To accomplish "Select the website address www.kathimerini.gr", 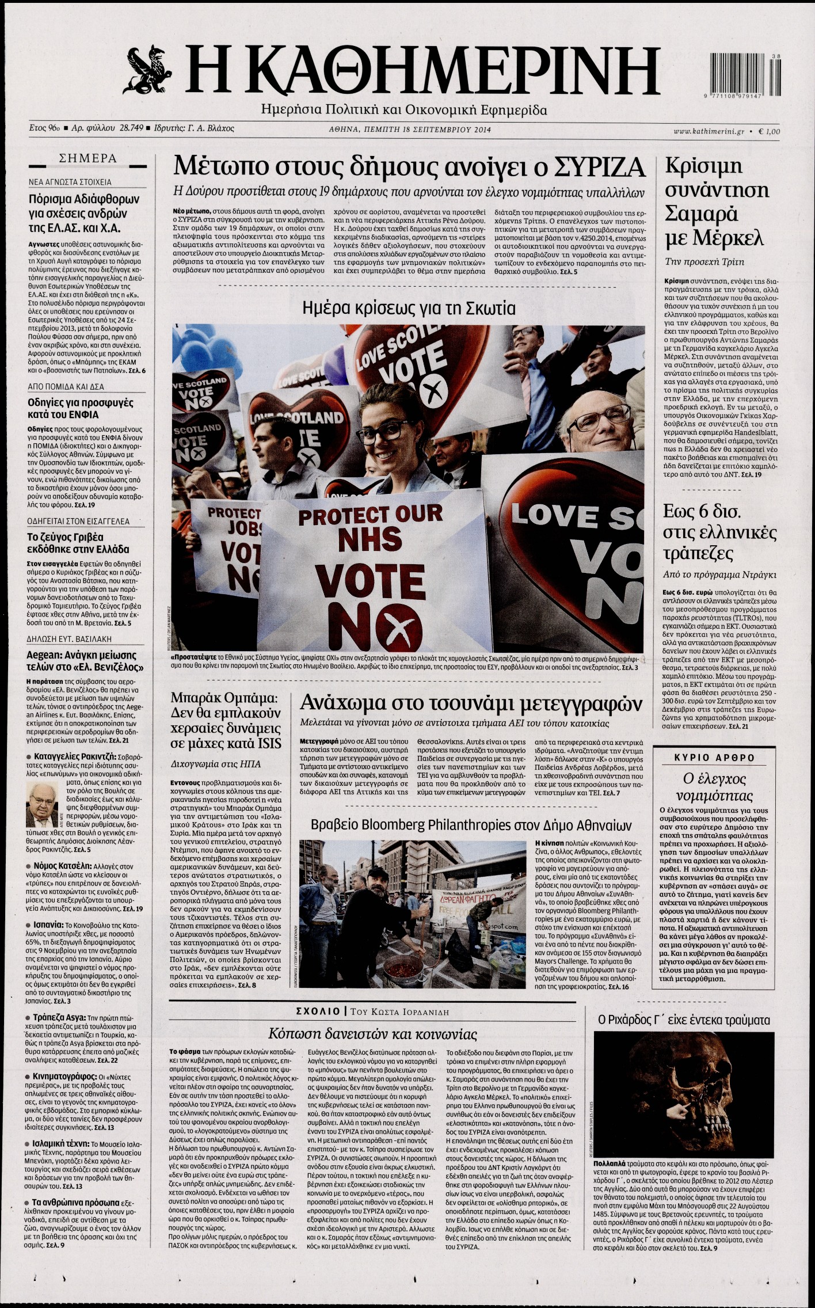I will pos(708,132).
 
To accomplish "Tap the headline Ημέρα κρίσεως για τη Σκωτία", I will pos(409,308).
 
